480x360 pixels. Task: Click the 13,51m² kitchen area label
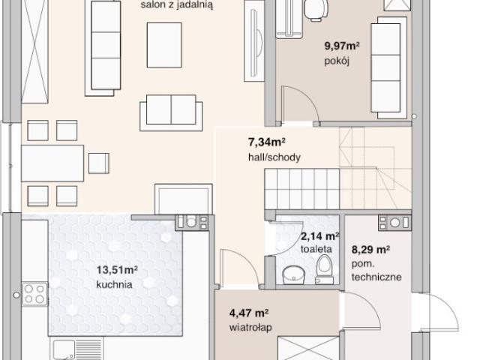click(x=117, y=270)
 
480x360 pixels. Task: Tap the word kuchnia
click(x=114, y=284)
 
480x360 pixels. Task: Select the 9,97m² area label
click(x=342, y=46)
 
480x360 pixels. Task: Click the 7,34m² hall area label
click(x=267, y=142)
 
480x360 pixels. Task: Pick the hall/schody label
click(x=274, y=157)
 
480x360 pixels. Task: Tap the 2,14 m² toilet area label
click(x=319, y=236)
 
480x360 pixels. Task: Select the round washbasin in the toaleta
click(x=293, y=274)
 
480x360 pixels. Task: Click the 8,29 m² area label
click(x=370, y=250)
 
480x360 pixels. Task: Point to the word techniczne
click(x=376, y=277)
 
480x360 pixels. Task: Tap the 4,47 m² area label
click(x=249, y=313)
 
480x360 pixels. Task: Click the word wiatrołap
click(x=250, y=328)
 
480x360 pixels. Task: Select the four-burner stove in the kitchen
click(x=34, y=294)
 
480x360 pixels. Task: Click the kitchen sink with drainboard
click(x=76, y=348)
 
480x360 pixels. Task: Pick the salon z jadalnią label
click(x=177, y=5)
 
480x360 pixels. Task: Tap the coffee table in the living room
click(x=164, y=45)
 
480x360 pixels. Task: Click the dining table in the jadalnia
click(x=52, y=163)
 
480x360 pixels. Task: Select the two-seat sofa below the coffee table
click(x=171, y=112)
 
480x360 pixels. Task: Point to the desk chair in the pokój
click(x=316, y=10)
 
